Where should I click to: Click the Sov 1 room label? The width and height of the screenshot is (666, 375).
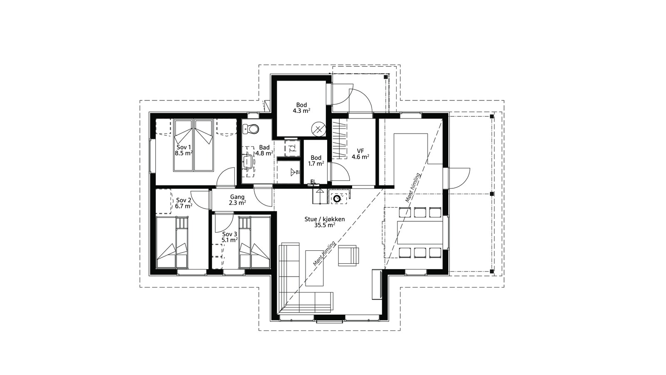[184, 147]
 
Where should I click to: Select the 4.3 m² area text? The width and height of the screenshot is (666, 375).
[301, 111]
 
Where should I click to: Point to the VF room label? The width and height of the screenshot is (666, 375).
[360, 151]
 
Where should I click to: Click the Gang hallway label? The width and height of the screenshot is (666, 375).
[237, 197]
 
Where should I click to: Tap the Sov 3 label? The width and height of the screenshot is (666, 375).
[229, 234]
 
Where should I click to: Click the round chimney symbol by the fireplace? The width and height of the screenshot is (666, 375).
[337, 199]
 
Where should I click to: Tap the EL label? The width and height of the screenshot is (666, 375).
[313, 182]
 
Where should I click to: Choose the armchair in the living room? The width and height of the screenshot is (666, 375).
[348, 255]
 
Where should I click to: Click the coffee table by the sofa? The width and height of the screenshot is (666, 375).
[314, 268]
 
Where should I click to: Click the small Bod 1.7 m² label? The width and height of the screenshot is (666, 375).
[316, 160]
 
